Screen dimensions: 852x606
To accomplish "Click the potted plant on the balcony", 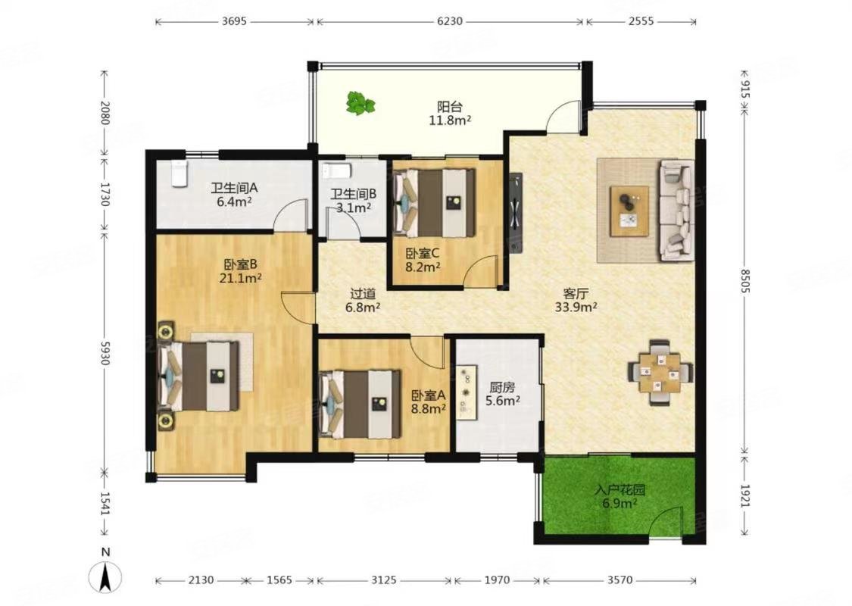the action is [360, 103].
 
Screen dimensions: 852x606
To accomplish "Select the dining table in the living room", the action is [660, 372].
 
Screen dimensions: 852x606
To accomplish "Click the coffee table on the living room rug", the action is [629, 211].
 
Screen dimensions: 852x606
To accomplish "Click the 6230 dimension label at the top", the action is [449, 21].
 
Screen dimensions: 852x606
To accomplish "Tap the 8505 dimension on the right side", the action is [744, 281].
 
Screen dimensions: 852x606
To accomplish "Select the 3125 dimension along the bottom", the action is [384, 580].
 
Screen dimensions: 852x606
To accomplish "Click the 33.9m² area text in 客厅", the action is [576, 307].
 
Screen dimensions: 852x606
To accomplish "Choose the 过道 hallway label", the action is [363, 294].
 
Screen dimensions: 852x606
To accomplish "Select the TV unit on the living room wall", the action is [516, 213].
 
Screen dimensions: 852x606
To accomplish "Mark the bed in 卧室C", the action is [434, 202].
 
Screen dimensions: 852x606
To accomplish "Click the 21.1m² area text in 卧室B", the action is [241, 279].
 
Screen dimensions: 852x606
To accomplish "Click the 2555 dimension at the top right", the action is [641, 21].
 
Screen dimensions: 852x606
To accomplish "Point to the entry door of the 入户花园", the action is [665, 523].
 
